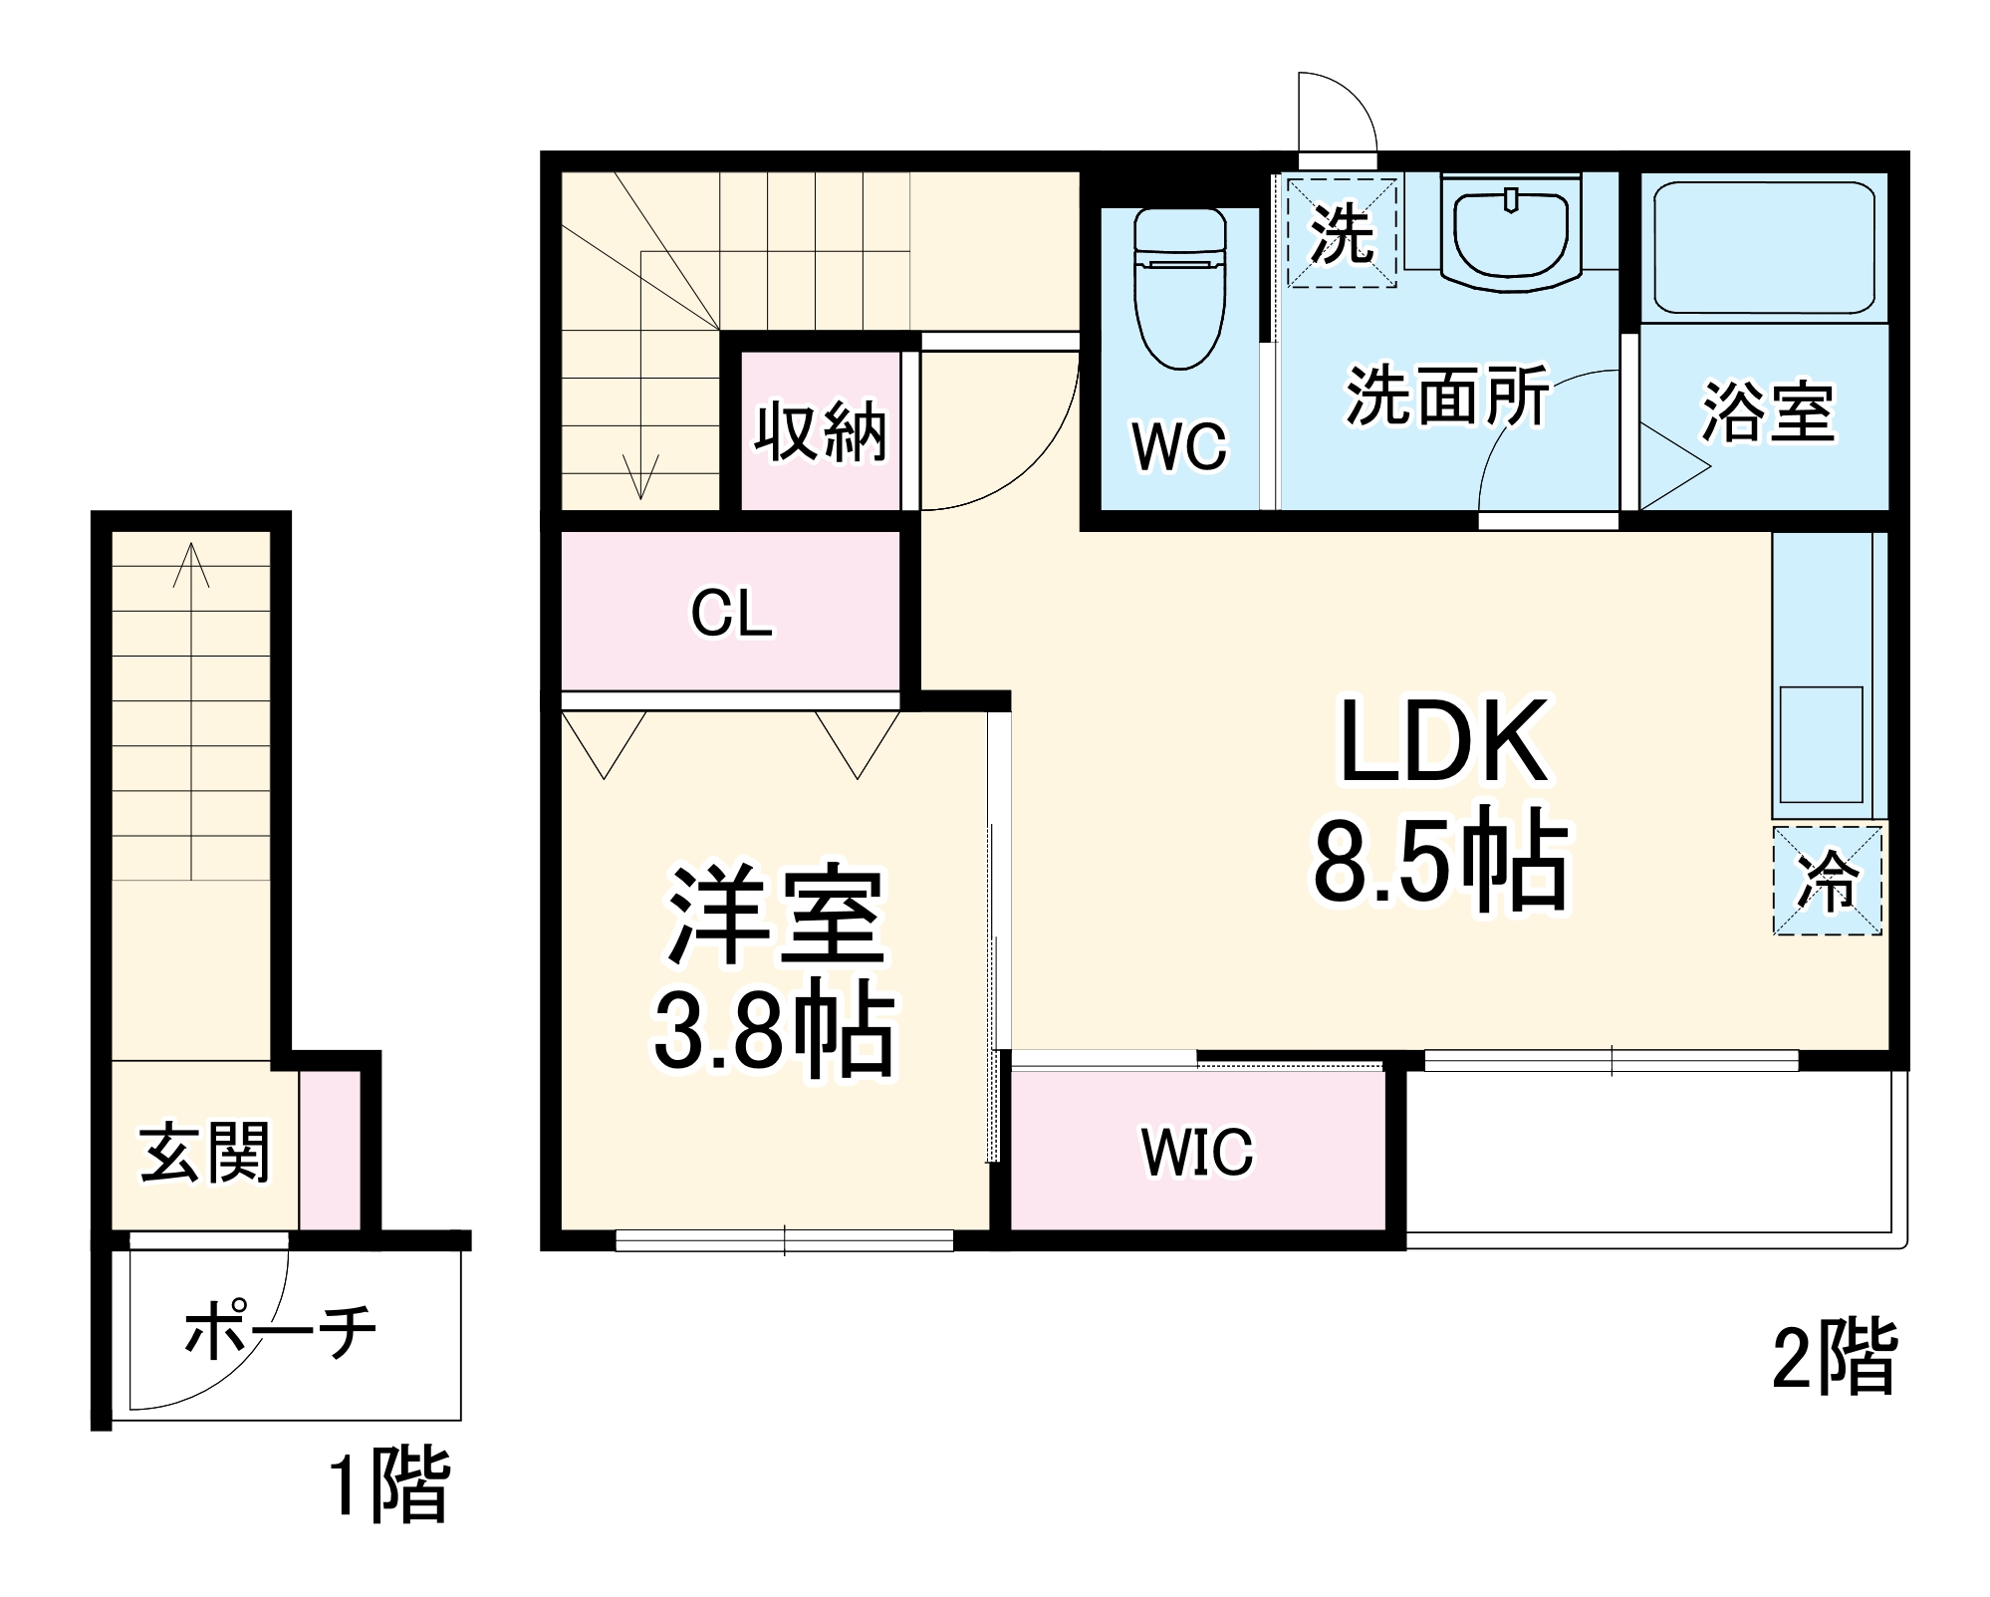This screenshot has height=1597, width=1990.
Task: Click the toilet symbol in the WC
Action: tap(1180, 289)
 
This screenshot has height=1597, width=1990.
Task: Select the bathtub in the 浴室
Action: tap(1764, 247)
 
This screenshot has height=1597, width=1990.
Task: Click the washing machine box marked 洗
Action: tap(1342, 233)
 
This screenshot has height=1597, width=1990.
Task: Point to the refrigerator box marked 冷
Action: tap(1827, 880)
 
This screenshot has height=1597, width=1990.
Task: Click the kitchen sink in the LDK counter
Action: tap(1821, 744)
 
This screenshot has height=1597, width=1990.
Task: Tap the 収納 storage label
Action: tap(820, 432)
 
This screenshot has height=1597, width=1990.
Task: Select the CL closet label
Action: tap(731, 613)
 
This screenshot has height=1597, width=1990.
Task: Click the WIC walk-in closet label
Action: tap(1197, 1152)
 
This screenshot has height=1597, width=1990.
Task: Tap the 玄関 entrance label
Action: tap(204, 1153)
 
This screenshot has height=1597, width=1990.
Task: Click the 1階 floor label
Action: tap(389, 1485)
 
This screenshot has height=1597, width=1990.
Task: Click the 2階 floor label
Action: tap(1834, 1358)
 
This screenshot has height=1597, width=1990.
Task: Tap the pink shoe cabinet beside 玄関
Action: tap(330, 1150)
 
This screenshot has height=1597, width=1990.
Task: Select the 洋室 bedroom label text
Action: tap(776, 917)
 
